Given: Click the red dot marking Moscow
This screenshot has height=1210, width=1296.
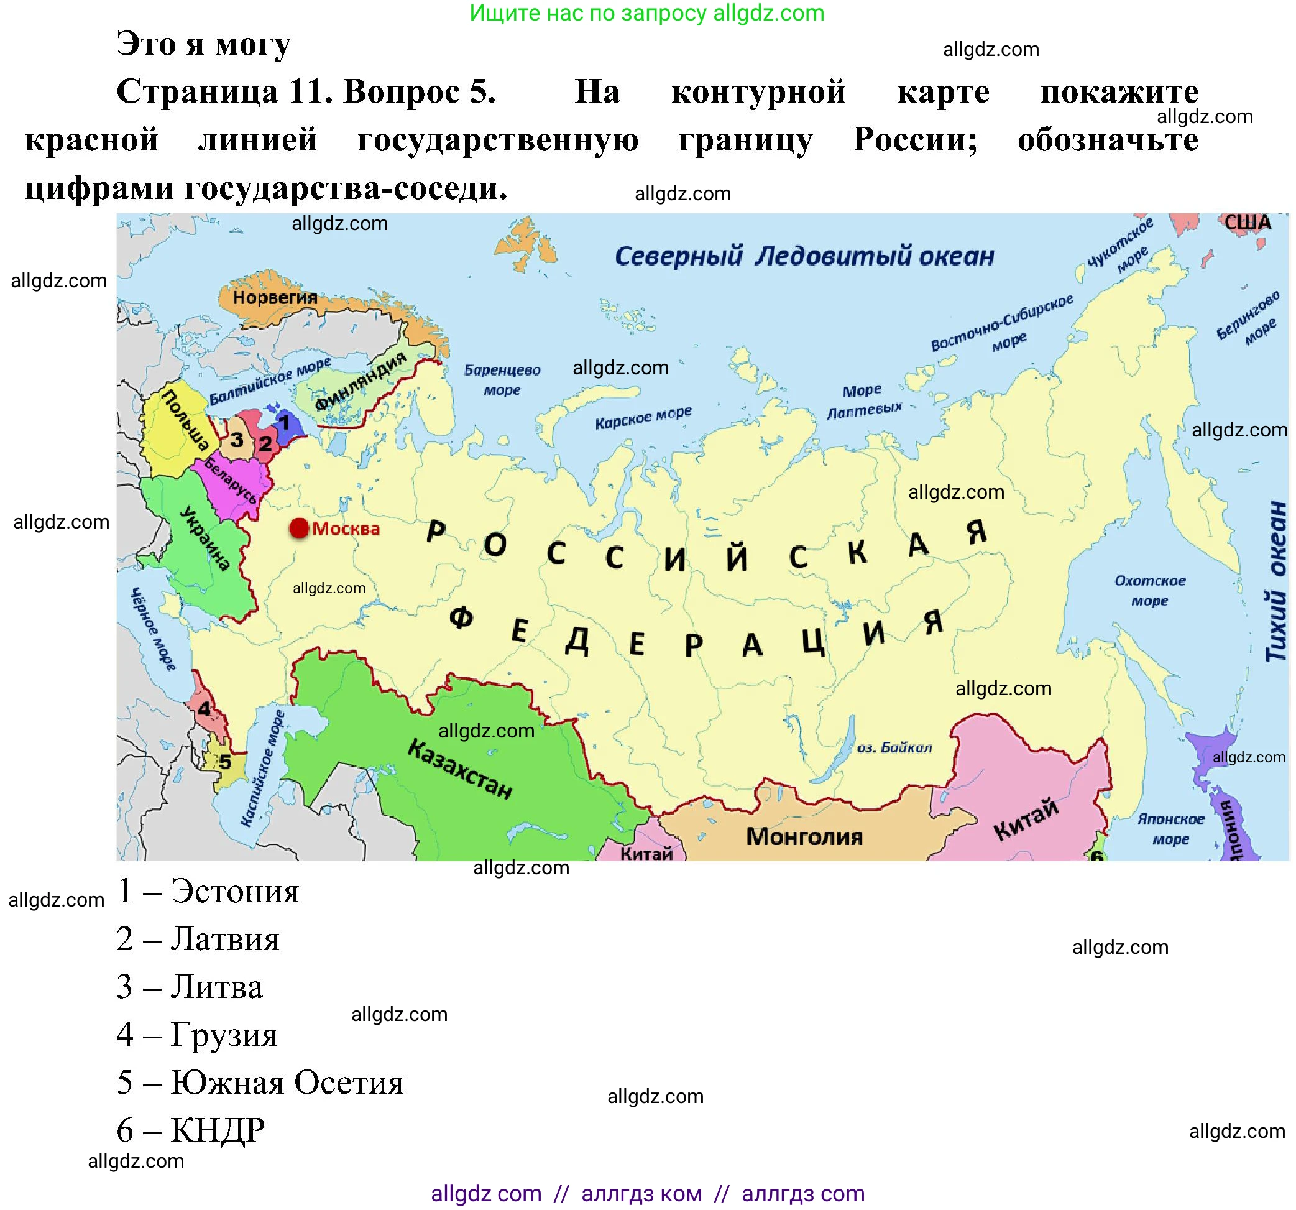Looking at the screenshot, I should [x=299, y=529].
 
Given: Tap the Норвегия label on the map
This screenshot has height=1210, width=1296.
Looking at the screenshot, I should [x=275, y=298].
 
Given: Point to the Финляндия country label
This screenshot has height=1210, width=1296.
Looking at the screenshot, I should [x=360, y=382].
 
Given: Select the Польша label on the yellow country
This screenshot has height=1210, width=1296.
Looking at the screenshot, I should [x=185, y=421].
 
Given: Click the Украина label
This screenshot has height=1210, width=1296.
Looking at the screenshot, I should [x=205, y=538].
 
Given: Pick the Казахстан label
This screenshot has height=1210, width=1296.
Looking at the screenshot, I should [x=459, y=769].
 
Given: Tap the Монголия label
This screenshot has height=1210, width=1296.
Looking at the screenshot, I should [x=804, y=836].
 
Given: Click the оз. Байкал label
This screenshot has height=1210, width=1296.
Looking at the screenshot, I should [x=894, y=748].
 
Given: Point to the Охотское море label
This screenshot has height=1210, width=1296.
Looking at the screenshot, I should [x=1150, y=590].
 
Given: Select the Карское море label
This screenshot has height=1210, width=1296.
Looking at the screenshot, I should [x=643, y=417].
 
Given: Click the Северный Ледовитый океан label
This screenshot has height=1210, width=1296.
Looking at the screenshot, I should [x=804, y=256].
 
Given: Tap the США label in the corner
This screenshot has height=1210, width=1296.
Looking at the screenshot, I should [x=1247, y=223].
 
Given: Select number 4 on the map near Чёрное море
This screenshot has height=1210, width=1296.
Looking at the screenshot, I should [x=205, y=709].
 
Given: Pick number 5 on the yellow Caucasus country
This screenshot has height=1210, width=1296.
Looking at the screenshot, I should [x=225, y=761].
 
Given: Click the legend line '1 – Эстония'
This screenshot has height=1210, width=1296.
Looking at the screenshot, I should [x=208, y=891].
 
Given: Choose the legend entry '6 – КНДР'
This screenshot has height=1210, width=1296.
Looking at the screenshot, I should [x=190, y=1130].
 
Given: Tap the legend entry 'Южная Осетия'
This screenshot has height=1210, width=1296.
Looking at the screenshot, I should [x=287, y=1082].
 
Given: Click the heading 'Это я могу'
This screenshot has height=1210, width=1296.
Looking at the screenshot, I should [x=203, y=44].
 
